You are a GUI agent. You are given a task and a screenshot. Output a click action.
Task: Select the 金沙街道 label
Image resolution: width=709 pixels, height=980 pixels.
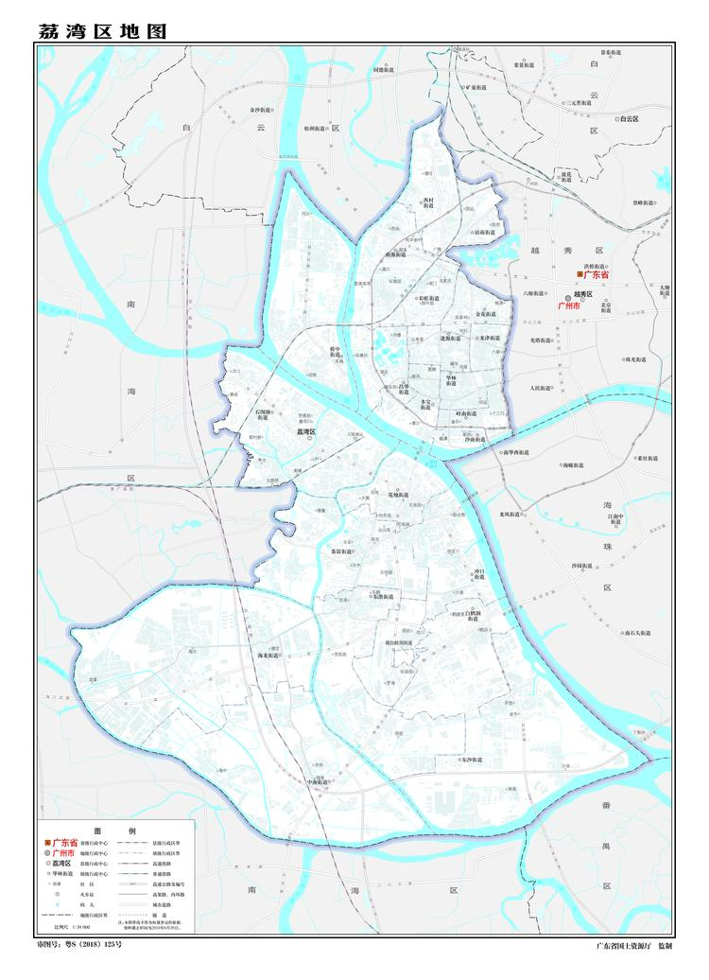click(x=261, y=110)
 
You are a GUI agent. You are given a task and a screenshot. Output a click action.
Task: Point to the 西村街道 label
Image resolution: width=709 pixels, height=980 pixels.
click(x=428, y=203)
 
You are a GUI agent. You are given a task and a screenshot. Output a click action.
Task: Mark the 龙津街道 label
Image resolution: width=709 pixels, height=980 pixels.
click(x=488, y=338)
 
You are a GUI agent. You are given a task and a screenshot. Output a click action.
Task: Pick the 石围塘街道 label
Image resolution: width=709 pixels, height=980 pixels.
click(x=265, y=415)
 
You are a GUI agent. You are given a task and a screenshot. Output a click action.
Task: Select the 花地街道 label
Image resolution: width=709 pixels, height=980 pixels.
click(x=399, y=495)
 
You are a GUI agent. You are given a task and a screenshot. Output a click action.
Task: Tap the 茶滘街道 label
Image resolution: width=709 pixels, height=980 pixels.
click(x=340, y=551)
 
